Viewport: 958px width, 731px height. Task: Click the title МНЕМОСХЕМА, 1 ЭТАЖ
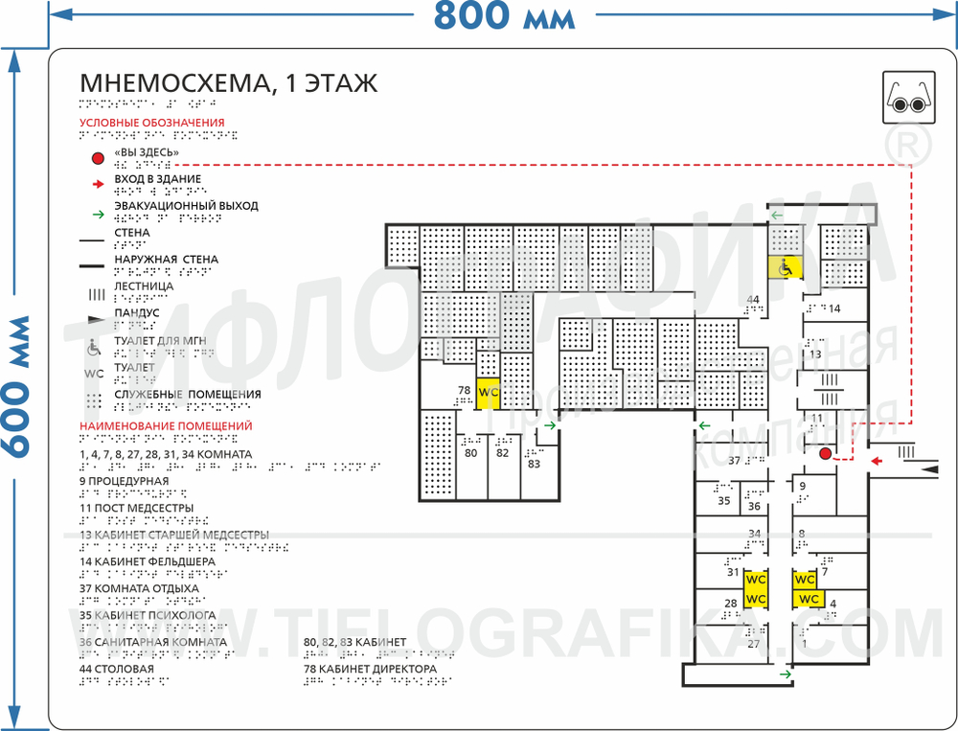[x=228, y=83]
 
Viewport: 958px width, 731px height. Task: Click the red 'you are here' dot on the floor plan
[x=825, y=454]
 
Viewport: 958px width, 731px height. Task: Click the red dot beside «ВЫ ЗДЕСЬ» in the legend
[x=96, y=157]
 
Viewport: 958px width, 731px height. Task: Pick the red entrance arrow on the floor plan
[x=875, y=462]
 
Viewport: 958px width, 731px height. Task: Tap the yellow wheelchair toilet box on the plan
[x=783, y=268]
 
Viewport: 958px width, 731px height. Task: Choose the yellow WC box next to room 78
[x=489, y=392]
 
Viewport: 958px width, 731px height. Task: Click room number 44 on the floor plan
[x=753, y=300]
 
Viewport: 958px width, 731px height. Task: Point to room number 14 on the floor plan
[x=833, y=308]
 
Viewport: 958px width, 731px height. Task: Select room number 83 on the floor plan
[x=534, y=464]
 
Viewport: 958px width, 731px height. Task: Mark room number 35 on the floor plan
[x=723, y=500]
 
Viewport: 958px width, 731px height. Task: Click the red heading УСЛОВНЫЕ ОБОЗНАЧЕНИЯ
[x=151, y=123]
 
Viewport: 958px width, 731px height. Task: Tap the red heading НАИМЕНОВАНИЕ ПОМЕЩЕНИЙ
[x=165, y=425]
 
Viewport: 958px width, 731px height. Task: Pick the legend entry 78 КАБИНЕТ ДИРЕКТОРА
[x=370, y=669]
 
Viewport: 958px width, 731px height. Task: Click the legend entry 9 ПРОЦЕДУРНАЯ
[x=124, y=481]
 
